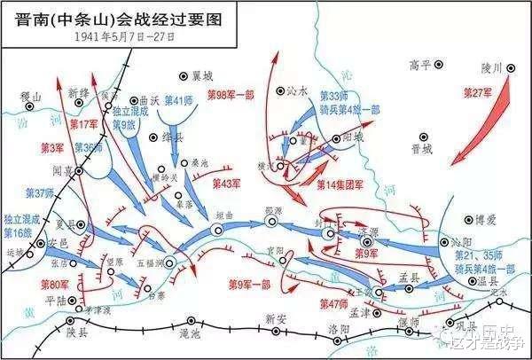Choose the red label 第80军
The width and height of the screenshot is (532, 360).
(55, 285)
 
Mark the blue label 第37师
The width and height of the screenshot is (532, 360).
(39, 192)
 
